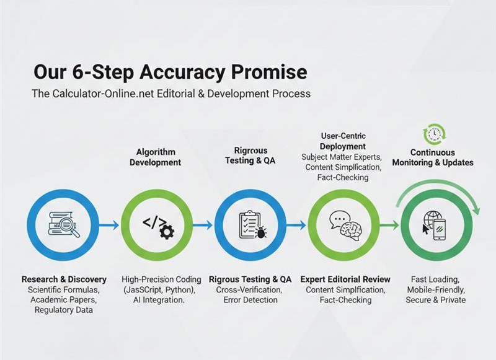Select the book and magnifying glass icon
pos(64,225)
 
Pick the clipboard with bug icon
pos(252,225)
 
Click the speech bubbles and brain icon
pos(345,225)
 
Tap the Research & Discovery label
pos(64,279)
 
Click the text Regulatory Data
pos(64,310)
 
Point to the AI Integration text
pos(159,300)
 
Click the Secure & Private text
pos(436,300)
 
